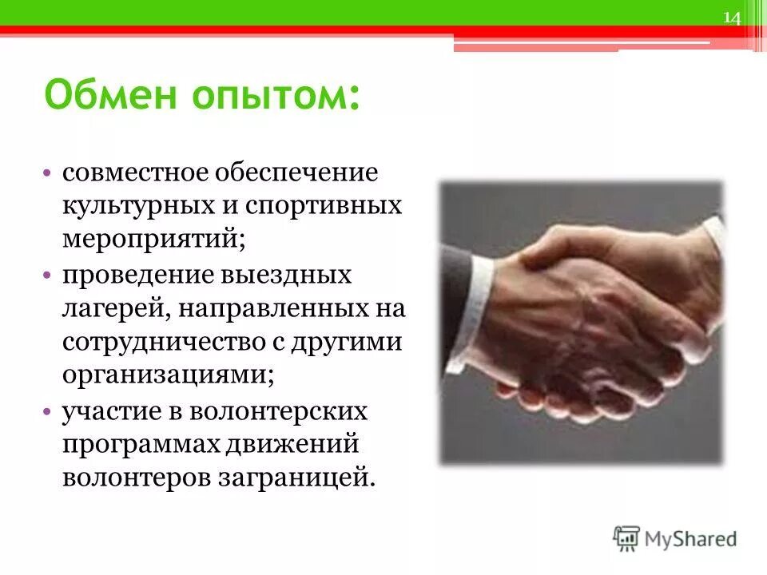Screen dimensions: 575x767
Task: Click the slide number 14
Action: pyautogui.click(x=733, y=18)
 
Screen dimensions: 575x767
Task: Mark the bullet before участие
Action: pyautogui.click(x=49, y=411)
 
